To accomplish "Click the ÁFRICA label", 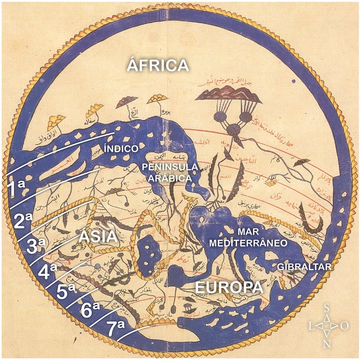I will click(158, 65).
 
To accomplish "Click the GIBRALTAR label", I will click(304, 267).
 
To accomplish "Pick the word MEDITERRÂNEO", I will click(248, 243).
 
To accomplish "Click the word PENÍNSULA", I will click(170, 167).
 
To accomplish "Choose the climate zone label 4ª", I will click(48, 271).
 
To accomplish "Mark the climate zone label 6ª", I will click(90, 310).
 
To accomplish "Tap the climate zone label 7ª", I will click(116, 328).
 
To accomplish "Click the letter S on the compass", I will click(327, 308).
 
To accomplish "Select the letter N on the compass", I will click(327, 344).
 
